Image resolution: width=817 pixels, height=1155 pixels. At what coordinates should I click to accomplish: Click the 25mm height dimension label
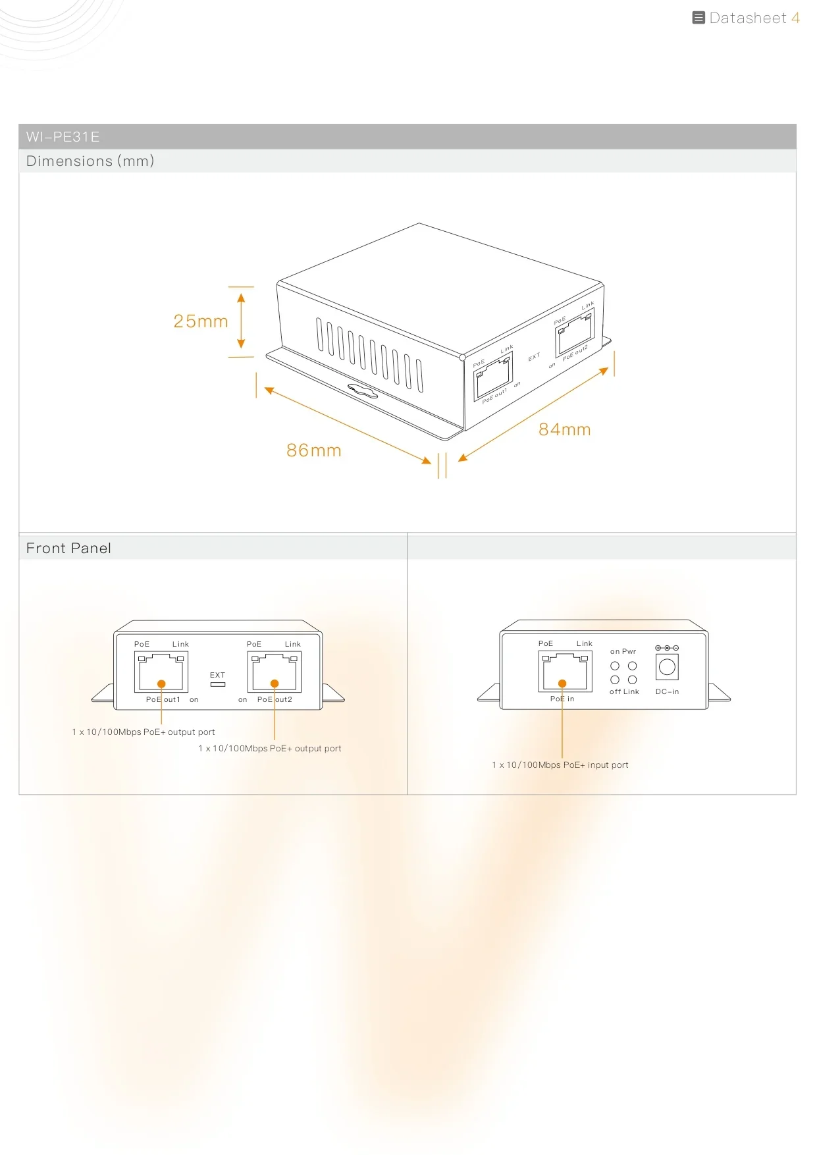201,321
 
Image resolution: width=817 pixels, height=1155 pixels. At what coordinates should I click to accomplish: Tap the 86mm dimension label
314,450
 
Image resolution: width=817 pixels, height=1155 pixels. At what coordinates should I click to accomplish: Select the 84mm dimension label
565,429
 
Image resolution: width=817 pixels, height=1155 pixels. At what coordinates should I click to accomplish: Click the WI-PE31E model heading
63,137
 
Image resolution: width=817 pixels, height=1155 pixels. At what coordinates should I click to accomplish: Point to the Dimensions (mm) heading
90,161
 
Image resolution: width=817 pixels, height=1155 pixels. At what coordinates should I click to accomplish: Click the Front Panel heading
68,549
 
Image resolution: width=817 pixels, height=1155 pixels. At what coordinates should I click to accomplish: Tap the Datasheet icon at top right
698,18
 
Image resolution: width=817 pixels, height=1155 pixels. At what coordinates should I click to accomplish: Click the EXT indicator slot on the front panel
217,685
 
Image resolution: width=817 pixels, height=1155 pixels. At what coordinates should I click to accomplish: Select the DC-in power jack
667,667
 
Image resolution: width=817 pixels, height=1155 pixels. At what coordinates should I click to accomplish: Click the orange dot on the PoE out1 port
161,684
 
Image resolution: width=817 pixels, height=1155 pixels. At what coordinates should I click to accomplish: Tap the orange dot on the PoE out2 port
275,684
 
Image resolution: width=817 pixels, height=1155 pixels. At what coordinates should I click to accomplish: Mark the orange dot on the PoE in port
562,684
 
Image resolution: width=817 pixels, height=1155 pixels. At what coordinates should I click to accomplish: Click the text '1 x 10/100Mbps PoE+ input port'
560,765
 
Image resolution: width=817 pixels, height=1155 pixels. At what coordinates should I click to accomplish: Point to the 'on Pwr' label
623,652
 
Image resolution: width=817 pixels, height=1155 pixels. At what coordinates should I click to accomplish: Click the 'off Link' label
624,692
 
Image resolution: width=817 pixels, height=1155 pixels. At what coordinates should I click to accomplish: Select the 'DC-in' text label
667,692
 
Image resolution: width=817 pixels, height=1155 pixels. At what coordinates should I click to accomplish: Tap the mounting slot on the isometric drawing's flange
363,391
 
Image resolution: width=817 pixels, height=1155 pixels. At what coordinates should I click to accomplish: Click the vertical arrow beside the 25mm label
241,321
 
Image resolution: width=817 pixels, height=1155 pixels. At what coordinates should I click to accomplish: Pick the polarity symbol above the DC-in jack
667,649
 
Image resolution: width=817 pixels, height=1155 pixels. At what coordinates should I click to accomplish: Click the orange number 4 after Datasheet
795,18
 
